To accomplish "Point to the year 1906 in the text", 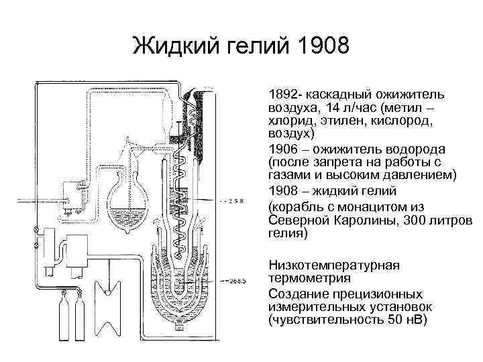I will tap(282, 150).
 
